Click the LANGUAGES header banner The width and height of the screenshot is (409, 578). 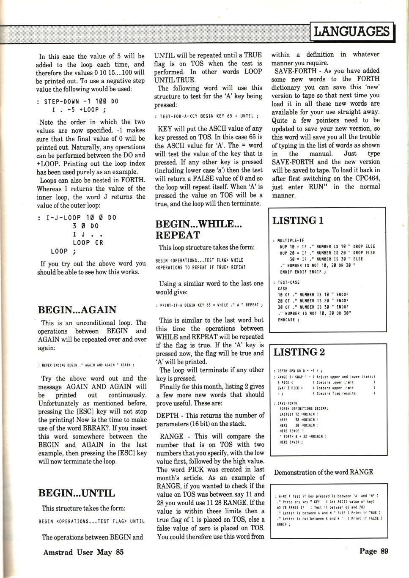point(352,31)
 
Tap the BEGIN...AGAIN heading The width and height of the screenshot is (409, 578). point(77,310)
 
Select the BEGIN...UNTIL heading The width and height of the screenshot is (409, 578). point(77,493)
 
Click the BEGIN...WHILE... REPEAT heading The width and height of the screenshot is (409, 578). point(198,230)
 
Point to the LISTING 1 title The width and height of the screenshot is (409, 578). point(298,220)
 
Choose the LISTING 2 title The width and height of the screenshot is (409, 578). point(299,352)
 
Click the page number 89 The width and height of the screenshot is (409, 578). point(374,551)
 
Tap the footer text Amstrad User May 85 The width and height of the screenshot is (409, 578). point(83,552)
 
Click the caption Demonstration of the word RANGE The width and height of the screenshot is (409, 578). point(323,472)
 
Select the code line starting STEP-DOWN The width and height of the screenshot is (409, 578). point(78,102)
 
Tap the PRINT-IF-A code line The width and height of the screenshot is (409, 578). point(209,305)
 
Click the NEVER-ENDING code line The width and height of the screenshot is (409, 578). point(86,365)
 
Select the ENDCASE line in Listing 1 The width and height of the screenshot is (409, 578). point(288,320)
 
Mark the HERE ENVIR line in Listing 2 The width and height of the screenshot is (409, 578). point(291,442)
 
